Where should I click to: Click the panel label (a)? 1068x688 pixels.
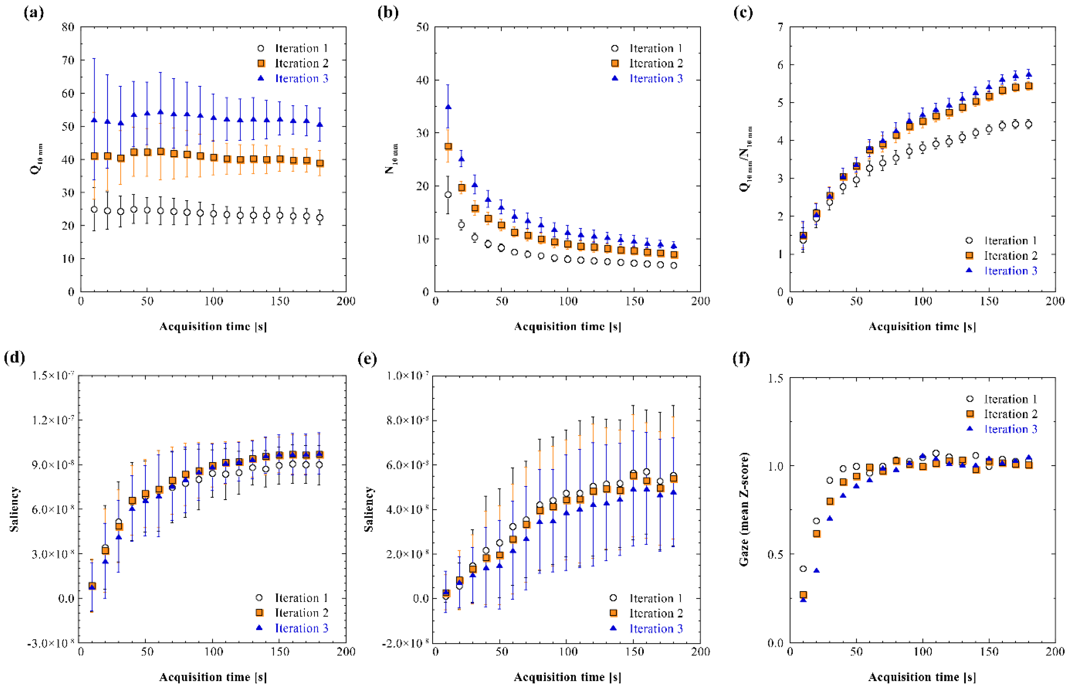[33, 12]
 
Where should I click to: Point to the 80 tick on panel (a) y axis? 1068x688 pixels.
[68, 27]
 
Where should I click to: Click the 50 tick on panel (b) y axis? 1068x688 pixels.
[422, 27]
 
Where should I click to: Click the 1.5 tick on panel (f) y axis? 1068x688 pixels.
[775, 378]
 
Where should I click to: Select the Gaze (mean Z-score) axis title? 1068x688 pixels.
[743, 509]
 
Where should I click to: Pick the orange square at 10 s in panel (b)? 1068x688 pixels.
[448, 147]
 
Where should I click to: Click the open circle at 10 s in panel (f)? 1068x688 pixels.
[803, 569]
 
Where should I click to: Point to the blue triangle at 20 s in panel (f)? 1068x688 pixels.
[817, 571]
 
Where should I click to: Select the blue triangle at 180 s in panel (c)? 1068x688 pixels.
[1029, 74]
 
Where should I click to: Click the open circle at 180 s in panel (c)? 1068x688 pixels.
[1029, 124]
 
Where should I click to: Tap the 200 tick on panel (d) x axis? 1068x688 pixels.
[346, 652]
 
